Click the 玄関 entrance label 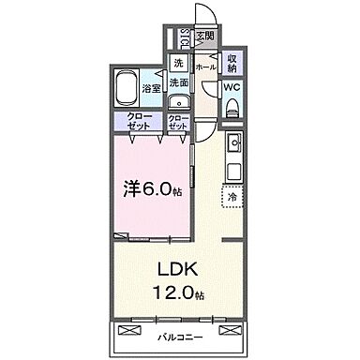point(205,37)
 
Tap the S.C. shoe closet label point(185,40)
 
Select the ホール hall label point(206,67)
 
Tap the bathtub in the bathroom point(127,89)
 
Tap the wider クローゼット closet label point(141,121)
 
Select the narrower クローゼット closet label point(178,121)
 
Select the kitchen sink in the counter point(233,146)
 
